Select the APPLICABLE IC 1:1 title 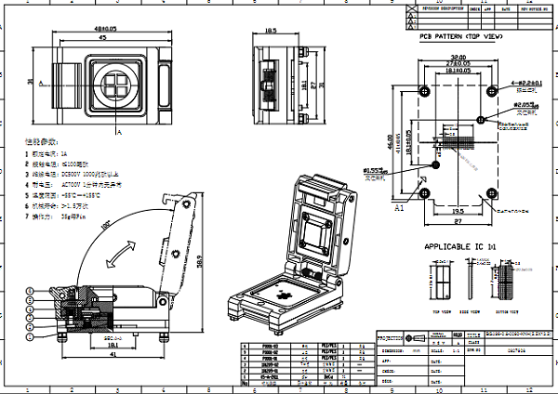coord(462,246)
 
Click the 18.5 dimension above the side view coord(271,31)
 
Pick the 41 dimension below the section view coord(113,354)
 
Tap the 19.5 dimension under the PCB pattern coord(458,211)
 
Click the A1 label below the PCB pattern coord(400,210)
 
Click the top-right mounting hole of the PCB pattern coord(490,92)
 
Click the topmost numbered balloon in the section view coord(33,290)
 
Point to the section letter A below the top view coord(119,133)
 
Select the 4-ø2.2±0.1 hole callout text coord(524,84)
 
